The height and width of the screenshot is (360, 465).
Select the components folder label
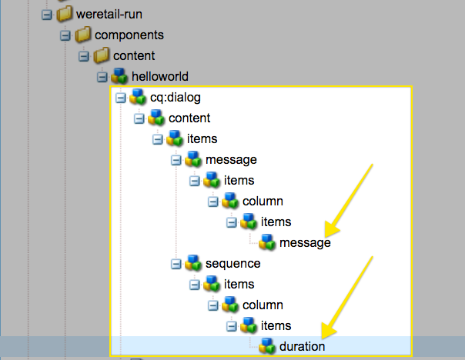point(129,35)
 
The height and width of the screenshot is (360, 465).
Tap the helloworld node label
point(160,76)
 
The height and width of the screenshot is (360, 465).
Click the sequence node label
point(232,263)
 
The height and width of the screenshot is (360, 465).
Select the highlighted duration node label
point(302,346)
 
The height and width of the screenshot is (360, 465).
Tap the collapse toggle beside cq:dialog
point(119,98)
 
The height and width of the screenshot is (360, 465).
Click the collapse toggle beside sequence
point(176,263)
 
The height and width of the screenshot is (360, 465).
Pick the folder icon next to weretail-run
point(65,15)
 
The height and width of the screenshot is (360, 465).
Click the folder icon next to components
point(83,35)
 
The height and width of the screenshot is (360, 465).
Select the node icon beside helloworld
point(119,76)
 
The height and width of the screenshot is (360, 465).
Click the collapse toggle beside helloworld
point(101,77)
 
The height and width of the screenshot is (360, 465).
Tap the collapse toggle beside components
point(65,35)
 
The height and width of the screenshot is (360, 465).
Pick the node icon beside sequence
point(193,263)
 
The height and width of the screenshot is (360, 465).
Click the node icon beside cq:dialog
point(138,97)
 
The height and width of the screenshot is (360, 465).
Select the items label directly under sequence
point(239,284)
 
